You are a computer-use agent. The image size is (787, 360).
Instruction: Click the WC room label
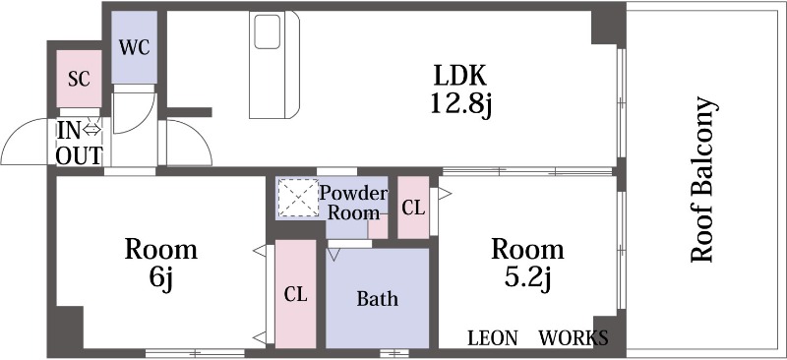[x=134, y=47]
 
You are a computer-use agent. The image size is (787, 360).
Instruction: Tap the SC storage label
[x=80, y=79]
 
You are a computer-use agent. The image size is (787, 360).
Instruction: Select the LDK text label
[x=459, y=76]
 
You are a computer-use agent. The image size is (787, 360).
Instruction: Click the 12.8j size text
[x=460, y=105]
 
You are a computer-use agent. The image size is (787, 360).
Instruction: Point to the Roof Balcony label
[x=702, y=179]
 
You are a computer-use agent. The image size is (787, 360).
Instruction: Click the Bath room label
[x=378, y=299]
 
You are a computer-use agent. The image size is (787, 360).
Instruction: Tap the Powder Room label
[x=354, y=203]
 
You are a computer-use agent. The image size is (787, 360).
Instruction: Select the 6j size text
[x=160, y=280]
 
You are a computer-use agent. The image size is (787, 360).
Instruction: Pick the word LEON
[x=493, y=338]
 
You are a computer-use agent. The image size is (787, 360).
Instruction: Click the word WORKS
[x=574, y=338]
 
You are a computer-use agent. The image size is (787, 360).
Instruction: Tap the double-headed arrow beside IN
[x=91, y=130]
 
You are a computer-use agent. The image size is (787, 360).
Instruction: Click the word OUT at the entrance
[x=79, y=155]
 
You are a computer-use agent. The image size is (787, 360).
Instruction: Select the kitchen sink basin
[x=267, y=31]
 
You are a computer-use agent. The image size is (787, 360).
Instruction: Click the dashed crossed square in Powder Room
[x=298, y=198]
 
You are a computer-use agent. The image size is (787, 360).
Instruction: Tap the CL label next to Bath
[x=295, y=294]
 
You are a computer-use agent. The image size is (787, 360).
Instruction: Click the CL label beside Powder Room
[x=413, y=208]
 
